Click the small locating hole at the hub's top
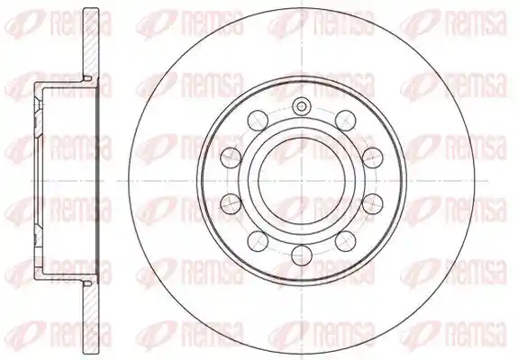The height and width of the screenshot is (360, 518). click(x=301, y=106)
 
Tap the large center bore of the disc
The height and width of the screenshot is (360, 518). click(x=302, y=181)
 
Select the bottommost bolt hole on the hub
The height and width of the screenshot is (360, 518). click(x=303, y=255)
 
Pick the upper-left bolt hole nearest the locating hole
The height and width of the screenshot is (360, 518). click(x=258, y=120)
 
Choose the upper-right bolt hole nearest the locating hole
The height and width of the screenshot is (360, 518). click(x=345, y=120)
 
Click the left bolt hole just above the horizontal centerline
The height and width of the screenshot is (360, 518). click(x=231, y=157)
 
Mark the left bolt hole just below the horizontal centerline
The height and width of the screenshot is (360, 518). click(x=231, y=204)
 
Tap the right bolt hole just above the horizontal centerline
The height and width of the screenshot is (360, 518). click(x=373, y=157)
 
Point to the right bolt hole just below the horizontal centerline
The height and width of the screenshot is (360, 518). click(x=373, y=204)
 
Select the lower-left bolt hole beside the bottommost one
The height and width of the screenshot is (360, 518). click(x=258, y=241)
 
